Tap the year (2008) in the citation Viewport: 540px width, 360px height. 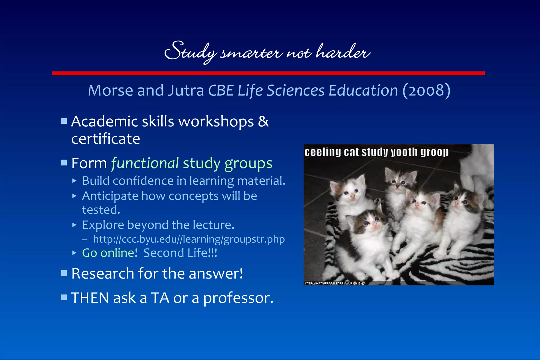(x=426, y=90)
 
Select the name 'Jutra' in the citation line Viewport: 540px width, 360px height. (x=186, y=90)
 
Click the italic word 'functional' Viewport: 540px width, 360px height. (x=145, y=163)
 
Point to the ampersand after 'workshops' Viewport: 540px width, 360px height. (x=263, y=122)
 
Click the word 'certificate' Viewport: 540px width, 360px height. (x=105, y=139)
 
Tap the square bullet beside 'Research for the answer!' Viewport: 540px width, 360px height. (x=64, y=273)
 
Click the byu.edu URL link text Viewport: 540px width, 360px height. (x=189, y=239)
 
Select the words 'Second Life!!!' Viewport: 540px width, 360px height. (x=180, y=253)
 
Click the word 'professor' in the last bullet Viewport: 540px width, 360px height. (x=238, y=298)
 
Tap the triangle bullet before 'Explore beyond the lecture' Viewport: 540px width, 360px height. (x=74, y=225)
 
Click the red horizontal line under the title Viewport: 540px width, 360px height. (x=268, y=73)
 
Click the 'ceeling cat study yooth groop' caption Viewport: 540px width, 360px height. (x=376, y=152)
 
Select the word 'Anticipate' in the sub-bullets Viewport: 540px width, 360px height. (x=110, y=196)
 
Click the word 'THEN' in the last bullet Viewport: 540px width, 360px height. (x=90, y=298)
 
